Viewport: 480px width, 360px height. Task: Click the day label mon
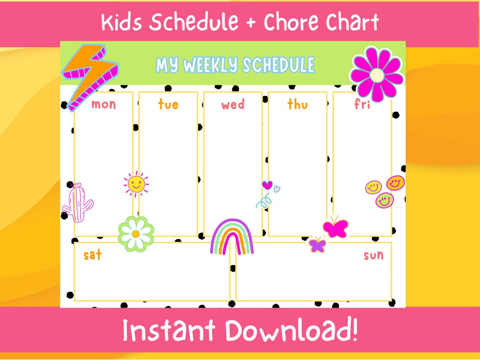pyautogui.click(x=103, y=104)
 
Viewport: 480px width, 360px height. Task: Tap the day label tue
pyautogui.click(x=168, y=104)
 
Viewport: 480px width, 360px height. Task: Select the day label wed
pyautogui.click(x=232, y=104)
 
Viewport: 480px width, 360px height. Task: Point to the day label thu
pyautogui.click(x=297, y=104)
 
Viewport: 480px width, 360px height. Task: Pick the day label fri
pyautogui.click(x=362, y=104)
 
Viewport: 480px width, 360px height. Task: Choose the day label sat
pyautogui.click(x=92, y=255)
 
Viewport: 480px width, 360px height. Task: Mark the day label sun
pyautogui.click(x=373, y=255)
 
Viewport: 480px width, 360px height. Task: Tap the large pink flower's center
pyautogui.click(x=377, y=75)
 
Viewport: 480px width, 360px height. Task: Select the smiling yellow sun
pyautogui.click(x=136, y=184)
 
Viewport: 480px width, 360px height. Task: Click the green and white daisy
pyautogui.click(x=135, y=234)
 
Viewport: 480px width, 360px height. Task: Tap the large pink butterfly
pyautogui.click(x=336, y=228)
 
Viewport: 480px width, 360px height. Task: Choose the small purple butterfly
pyautogui.click(x=317, y=245)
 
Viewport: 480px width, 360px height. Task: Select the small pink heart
pyautogui.click(x=267, y=184)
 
